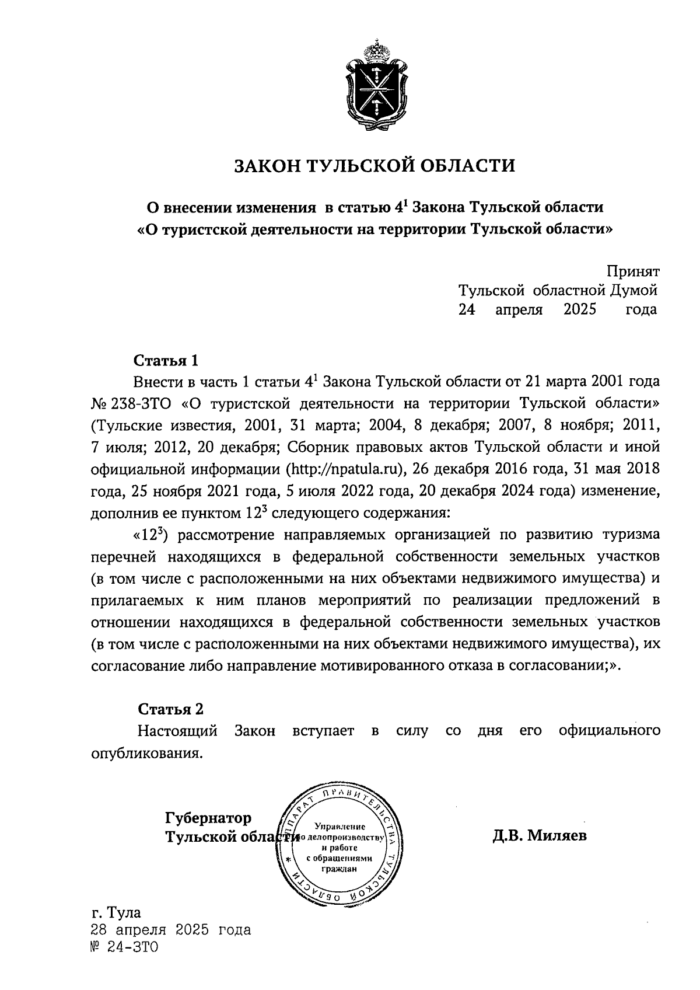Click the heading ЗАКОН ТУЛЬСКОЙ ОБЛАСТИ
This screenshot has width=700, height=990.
(375, 166)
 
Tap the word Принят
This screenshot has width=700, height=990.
(632, 271)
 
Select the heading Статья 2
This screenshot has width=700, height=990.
(170, 709)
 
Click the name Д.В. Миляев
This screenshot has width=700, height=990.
(540, 836)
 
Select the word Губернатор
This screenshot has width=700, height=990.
(208, 817)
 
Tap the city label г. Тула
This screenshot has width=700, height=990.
(116, 912)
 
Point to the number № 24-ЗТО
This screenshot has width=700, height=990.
(125, 947)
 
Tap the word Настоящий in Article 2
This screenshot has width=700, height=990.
(177, 731)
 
